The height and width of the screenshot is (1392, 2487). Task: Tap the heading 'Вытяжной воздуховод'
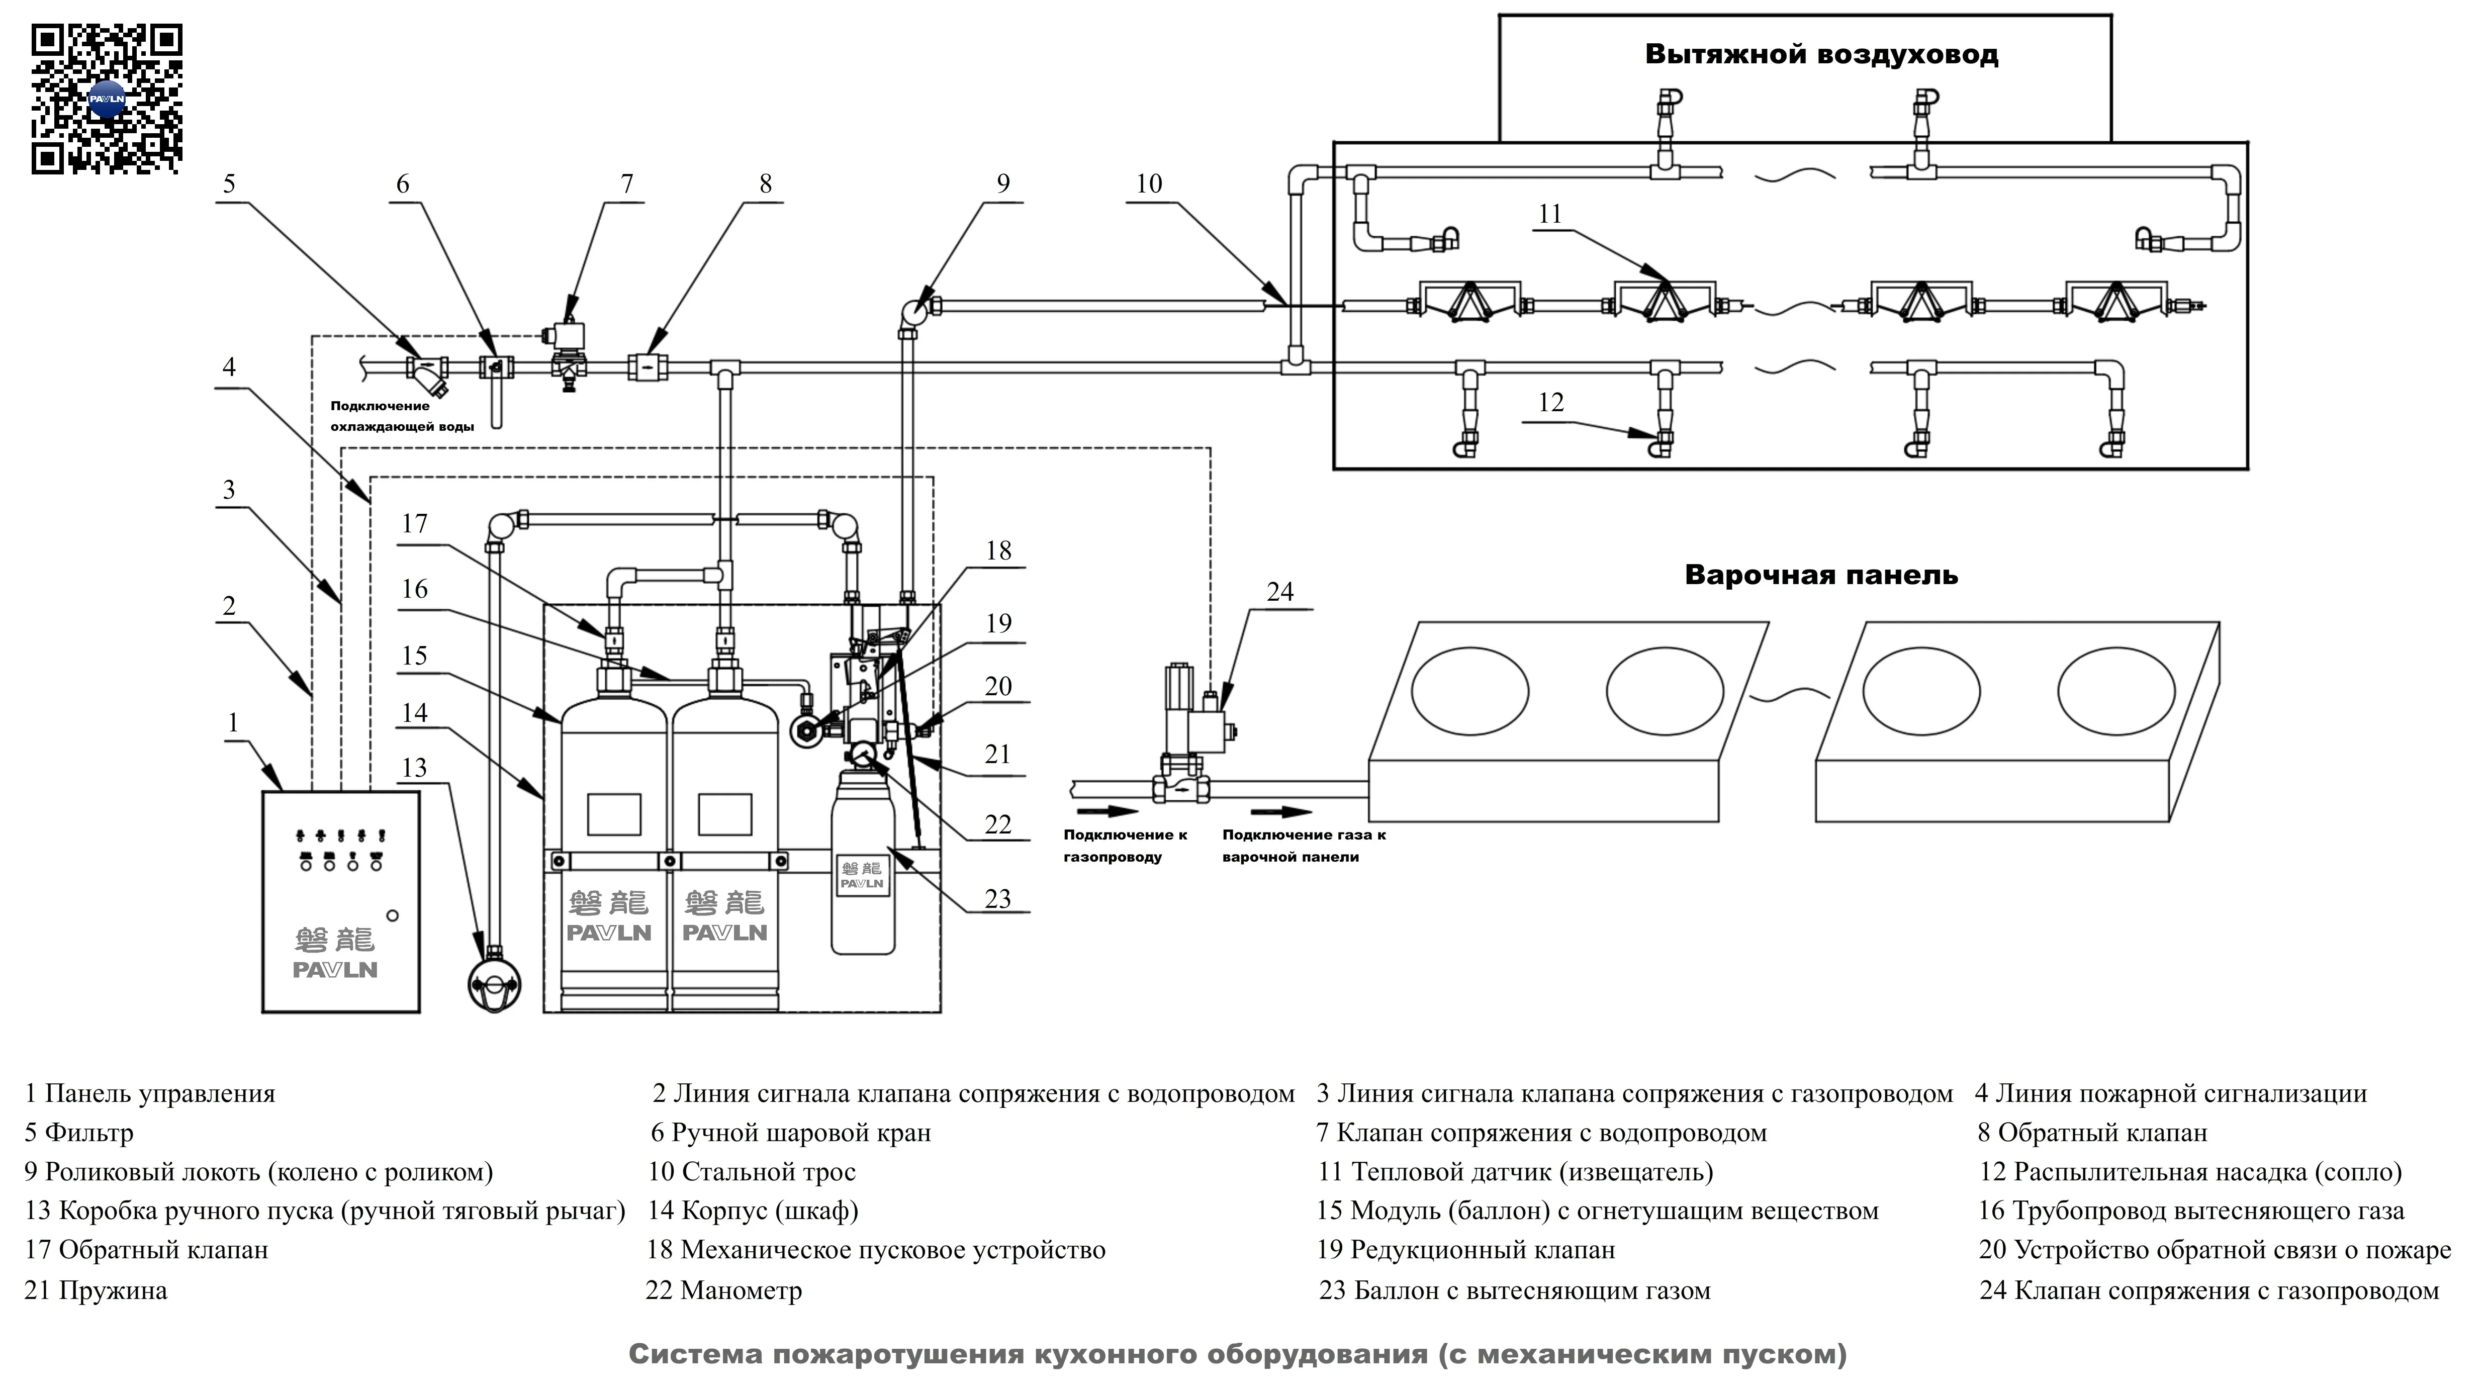(x=1821, y=54)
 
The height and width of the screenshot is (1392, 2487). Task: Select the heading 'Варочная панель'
(x=1821, y=575)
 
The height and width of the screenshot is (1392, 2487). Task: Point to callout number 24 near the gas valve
(x=1279, y=592)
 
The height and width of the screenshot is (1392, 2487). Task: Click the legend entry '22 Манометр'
(x=723, y=1290)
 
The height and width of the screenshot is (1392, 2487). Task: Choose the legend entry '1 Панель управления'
(x=150, y=1094)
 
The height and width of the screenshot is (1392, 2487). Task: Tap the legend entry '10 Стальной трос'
(x=751, y=1172)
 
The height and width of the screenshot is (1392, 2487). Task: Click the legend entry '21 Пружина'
(x=96, y=1290)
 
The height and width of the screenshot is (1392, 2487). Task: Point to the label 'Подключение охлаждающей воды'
(x=402, y=416)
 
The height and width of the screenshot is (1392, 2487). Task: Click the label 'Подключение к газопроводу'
(x=1125, y=846)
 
